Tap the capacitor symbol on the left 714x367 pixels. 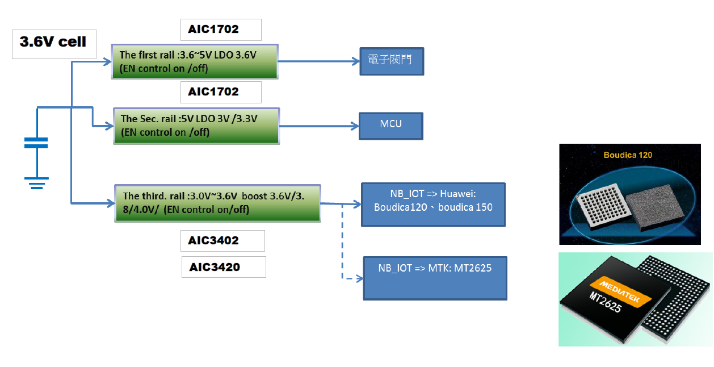(36, 143)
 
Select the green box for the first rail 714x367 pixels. (194, 61)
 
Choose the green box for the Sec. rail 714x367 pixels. (196, 126)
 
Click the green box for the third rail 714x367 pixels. (217, 203)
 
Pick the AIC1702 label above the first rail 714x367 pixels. (221, 30)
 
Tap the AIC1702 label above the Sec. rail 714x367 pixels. (221, 92)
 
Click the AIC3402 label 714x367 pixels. (222, 240)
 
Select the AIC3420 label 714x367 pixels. (224, 267)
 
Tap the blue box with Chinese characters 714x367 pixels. (391, 61)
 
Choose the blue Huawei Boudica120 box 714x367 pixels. (433, 205)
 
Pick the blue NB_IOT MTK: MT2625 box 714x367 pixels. (435, 278)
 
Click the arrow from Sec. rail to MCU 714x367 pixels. (319, 126)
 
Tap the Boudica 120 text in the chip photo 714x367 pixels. (627, 155)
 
